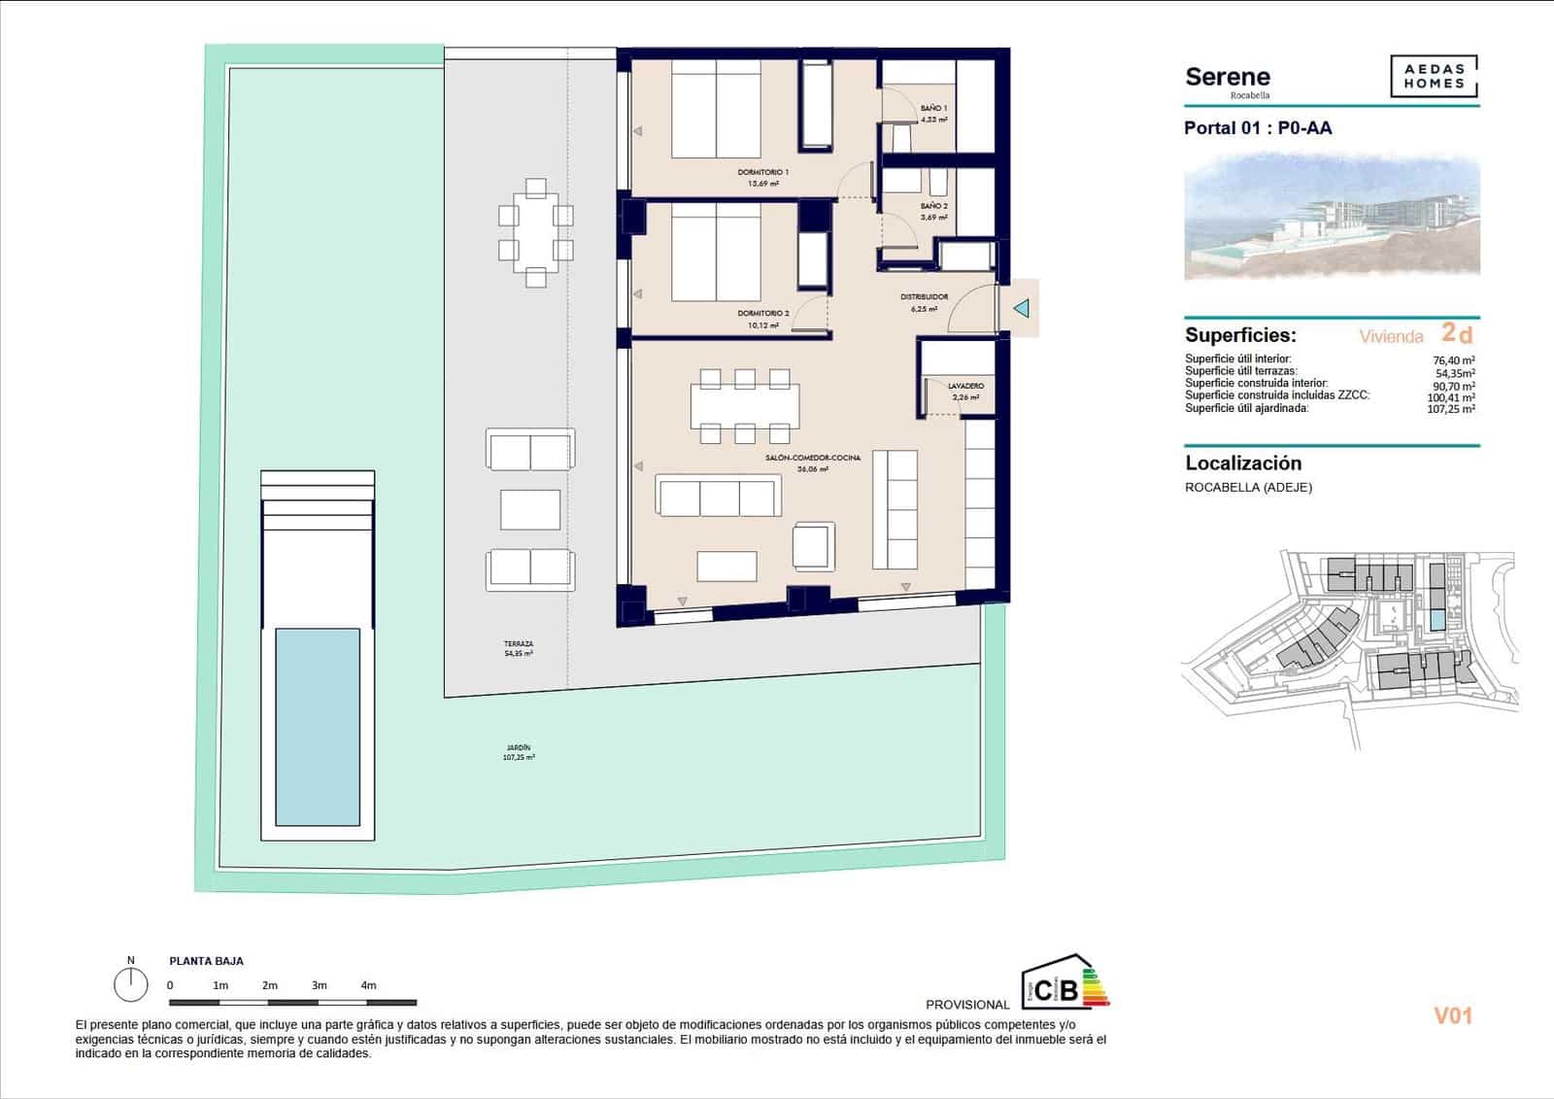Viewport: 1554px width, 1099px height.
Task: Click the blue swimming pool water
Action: coord(318,727)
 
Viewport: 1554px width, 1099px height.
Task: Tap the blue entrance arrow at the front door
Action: coord(1021,309)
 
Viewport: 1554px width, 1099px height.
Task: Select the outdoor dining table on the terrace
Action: coord(535,232)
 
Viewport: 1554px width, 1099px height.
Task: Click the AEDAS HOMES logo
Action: coord(1434,77)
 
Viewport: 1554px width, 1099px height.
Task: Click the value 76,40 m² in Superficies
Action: coord(1454,360)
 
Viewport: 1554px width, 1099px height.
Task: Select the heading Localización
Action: coord(1243,464)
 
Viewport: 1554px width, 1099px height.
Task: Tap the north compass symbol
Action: coord(131,983)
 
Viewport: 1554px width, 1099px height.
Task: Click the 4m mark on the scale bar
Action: coord(368,985)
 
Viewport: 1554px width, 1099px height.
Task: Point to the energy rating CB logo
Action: coord(1064,983)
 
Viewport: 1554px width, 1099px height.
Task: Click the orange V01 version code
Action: coord(1453,1016)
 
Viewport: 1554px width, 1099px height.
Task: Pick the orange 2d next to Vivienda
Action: coord(1457,333)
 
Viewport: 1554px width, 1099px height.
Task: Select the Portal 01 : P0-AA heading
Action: coord(1258,128)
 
